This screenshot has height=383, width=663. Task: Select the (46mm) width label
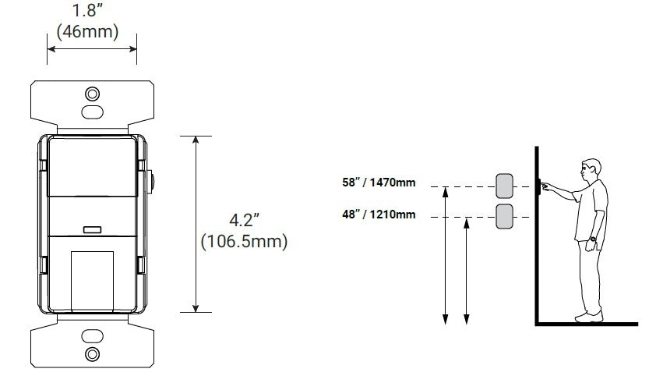pyautogui.click(x=88, y=32)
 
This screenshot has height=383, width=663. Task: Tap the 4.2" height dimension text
pyautogui.click(x=244, y=221)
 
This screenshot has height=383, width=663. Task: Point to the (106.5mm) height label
pyautogui.click(x=244, y=242)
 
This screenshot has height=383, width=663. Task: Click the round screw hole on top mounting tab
pyautogui.click(x=92, y=94)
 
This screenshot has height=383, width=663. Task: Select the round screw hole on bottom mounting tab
pyautogui.click(x=92, y=354)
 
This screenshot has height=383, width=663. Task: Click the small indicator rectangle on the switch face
pyautogui.click(x=92, y=230)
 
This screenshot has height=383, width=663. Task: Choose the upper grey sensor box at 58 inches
pyautogui.click(x=504, y=186)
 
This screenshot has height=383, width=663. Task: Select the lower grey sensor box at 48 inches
pyautogui.click(x=504, y=216)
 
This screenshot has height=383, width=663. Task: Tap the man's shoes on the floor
pyautogui.click(x=589, y=317)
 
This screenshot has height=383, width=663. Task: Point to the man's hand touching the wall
pyautogui.click(x=545, y=186)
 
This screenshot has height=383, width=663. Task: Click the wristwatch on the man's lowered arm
pyautogui.click(x=592, y=239)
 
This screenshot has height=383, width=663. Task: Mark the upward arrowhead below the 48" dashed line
pyautogui.click(x=467, y=224)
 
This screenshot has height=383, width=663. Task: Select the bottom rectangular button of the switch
pyautogui.click(x=92, y=277)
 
